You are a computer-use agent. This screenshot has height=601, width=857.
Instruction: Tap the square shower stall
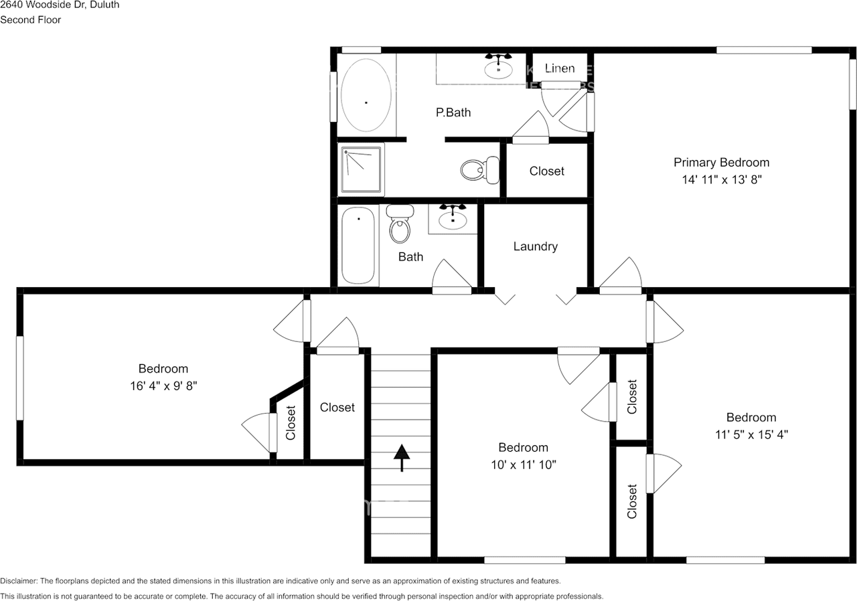(362, 170)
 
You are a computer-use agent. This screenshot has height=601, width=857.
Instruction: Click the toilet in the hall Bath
(400, 224)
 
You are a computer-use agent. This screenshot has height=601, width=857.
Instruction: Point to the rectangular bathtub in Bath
(358, 246)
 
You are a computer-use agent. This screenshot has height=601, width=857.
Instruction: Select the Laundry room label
(535, 246)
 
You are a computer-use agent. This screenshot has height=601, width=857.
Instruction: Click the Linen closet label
(559, 68)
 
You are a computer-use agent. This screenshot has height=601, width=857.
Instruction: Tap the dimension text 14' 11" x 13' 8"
(721, 179)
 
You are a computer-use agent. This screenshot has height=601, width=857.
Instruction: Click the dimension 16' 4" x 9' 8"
(163, 385)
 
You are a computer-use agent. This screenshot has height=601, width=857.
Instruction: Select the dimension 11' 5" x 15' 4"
(751, 434)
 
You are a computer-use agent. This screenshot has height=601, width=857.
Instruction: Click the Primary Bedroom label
(721, 162)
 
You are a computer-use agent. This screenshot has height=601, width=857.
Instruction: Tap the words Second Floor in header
(30, 20)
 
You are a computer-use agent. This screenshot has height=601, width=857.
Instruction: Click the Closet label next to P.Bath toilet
(546, 171)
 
